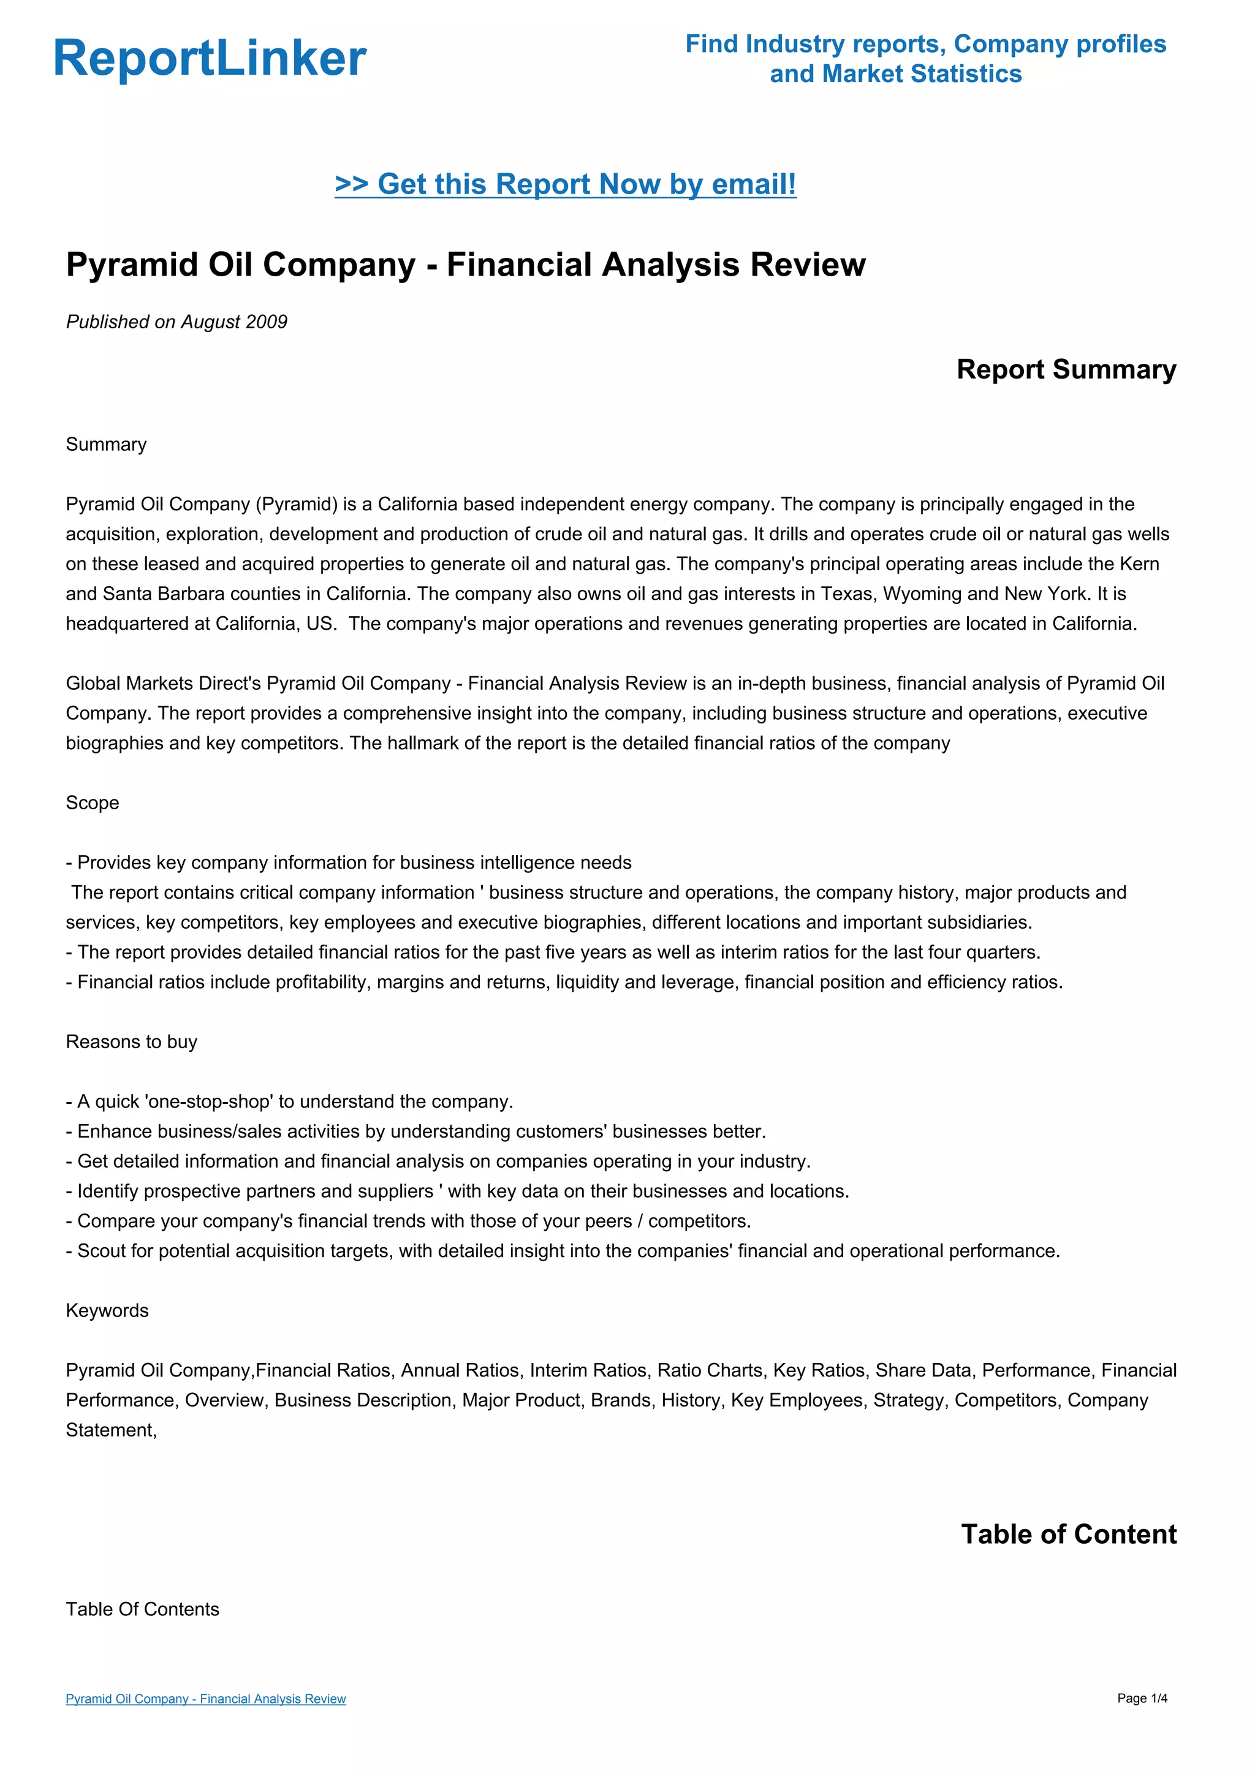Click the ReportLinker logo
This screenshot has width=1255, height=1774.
[210, 58]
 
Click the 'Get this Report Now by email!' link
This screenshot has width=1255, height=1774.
[565, 184]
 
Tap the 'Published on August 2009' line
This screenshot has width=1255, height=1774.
[176, 322]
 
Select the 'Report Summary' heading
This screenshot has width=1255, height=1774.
[1066, 369]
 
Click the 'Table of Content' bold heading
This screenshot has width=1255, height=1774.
[1068, 1534]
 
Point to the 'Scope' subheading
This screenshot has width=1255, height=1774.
[92, 803]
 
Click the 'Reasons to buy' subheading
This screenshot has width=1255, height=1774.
[131, 1041]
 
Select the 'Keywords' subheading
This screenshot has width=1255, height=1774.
[107, 1310]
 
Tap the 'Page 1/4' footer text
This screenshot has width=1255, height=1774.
[1142, 1698]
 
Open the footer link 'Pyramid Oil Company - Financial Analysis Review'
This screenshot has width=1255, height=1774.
[205, 1698]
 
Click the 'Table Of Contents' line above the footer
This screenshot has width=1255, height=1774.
[142, 1609]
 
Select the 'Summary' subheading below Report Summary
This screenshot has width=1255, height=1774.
[106, 444]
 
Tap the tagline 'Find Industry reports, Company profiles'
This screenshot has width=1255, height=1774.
[925, 44]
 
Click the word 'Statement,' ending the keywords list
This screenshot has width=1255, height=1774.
[112, 1430]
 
